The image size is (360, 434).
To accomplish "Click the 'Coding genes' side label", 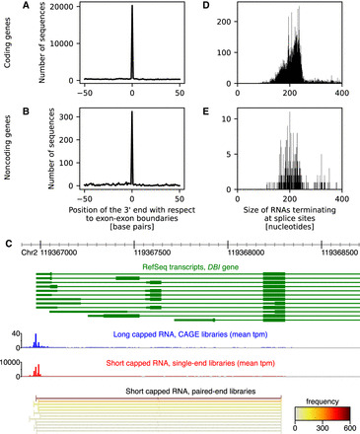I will point(10,47).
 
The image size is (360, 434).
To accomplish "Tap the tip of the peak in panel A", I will point(133,9).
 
